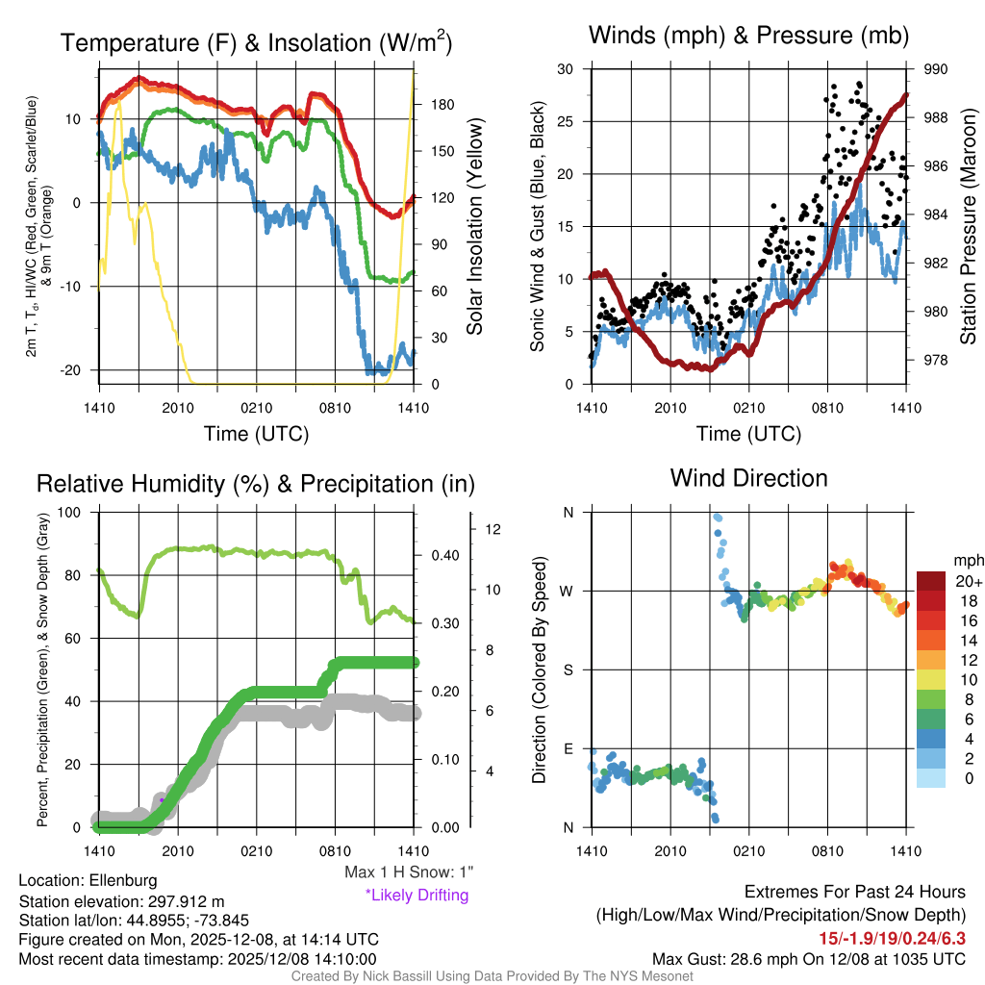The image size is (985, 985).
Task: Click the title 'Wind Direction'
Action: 748,478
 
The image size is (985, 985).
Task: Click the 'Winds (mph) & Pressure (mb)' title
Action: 748,36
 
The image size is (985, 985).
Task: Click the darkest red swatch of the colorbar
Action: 932,581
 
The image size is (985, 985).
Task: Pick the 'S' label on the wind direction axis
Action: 567,669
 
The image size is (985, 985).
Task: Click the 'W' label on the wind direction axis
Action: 567,591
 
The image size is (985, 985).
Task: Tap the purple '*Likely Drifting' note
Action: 417,895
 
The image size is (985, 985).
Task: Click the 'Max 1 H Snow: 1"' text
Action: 409,872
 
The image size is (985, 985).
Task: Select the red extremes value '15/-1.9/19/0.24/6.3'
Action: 892,938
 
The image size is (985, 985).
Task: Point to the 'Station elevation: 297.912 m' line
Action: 121,901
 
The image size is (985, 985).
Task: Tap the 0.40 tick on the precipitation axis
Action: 444,556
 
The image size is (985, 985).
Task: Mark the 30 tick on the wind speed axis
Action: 567,69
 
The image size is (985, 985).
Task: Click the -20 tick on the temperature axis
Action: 80,370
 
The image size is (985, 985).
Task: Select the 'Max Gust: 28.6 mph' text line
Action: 808,958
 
